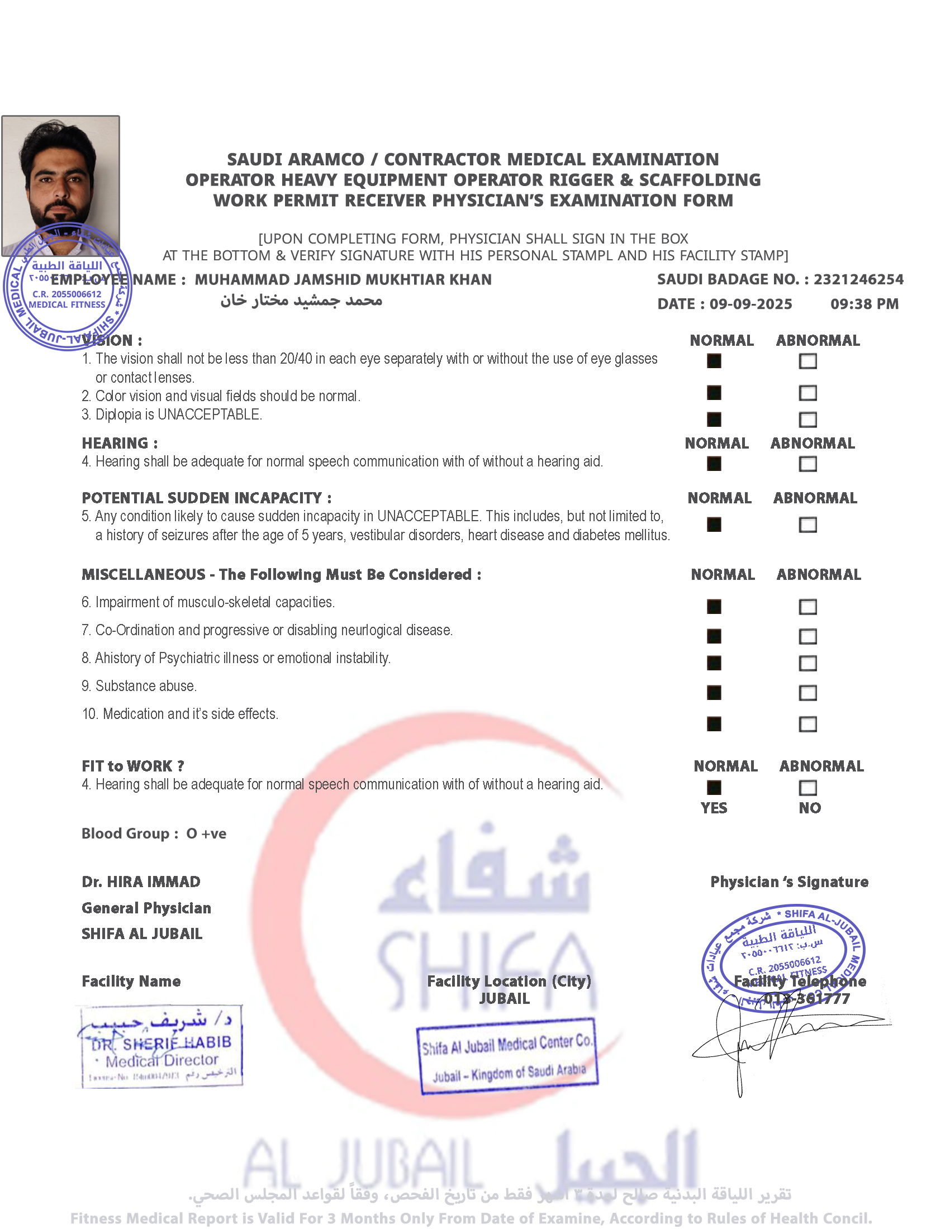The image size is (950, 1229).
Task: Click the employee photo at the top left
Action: (60, 174)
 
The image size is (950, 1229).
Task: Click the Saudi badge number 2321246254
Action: (858, 280)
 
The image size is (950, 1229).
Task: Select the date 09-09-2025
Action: (750, 304)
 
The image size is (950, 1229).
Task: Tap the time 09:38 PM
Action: (864, 304)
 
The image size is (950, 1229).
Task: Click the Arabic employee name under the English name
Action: (301, 301)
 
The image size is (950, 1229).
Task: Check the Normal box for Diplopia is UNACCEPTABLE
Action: (714, 419)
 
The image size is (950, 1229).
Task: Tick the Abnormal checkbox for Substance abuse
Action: (807, 693)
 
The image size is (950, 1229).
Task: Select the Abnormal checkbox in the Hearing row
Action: (807, 464)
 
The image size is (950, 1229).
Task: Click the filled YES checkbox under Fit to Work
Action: (714, 788)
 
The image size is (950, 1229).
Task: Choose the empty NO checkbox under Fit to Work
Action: (807, 788)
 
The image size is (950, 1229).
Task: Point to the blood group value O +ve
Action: (207, 833)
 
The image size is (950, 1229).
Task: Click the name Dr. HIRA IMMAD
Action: (141, 882)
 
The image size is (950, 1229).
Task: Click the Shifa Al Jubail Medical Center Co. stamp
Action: (507, 1056)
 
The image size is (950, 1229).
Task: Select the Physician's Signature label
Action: (789, 882)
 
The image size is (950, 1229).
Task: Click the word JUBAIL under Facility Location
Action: (504, 999)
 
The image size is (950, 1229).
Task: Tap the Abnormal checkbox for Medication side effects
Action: (807, 723)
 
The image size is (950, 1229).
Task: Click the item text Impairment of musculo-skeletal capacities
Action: (215, 602)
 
